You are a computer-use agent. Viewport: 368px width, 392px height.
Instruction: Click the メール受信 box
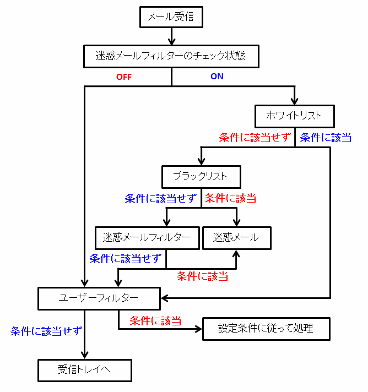point(171,17)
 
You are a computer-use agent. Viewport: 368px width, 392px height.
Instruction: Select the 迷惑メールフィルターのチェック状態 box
point(171,56)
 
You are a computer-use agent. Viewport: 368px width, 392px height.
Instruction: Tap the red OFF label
point(124,77)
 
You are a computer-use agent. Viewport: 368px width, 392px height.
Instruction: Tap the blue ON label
point(217,76)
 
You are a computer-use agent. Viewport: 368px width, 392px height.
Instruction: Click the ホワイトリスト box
point(294,116)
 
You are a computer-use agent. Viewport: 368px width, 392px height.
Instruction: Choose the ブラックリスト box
point(201,177)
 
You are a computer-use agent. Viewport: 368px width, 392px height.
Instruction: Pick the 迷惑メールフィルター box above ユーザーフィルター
point(147,238)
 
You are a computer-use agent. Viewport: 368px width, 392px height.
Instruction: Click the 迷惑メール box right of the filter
point(237,238)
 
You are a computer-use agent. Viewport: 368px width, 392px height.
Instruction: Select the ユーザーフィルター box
point(99,298)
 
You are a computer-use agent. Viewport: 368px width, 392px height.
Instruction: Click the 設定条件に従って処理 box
point(266,329)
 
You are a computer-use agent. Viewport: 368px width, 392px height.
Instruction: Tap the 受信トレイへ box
point(84,371)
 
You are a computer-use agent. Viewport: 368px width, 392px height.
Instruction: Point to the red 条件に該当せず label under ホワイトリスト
point(255,138)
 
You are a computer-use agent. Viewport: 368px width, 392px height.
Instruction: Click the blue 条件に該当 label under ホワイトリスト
point(326,138)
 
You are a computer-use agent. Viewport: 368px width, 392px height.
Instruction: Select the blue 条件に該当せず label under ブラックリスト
point(161,199)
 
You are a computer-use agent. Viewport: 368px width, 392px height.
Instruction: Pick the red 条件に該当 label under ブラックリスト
point(230,198)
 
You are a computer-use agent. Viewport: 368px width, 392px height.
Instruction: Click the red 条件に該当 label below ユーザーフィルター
point(155,321)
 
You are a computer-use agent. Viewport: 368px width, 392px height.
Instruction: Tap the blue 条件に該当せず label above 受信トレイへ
point(46,331)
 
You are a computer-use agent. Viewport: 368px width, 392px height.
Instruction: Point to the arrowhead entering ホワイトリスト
point(294,101)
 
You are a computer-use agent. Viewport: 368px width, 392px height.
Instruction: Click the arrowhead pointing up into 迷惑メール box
point(236,253)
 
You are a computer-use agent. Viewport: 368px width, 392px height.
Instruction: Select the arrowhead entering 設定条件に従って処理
point(198,329)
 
